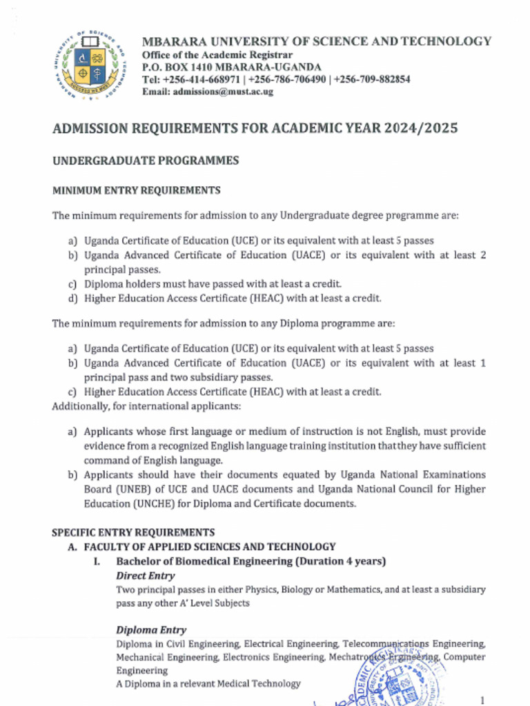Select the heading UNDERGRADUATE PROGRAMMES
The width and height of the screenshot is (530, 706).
tap(146, 161)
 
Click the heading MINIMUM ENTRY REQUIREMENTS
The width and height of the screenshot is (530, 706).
tap(137, 190)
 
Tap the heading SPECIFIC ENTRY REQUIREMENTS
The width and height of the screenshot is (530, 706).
tap(133, 532)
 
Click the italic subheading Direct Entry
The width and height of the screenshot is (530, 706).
tap(145, 576)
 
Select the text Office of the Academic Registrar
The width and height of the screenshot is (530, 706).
tap(217, 54)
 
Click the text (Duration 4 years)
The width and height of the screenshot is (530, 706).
tap(340, 561)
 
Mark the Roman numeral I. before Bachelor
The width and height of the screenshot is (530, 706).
tap(97, 561)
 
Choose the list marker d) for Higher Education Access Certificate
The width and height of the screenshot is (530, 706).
tap(72, 299)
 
